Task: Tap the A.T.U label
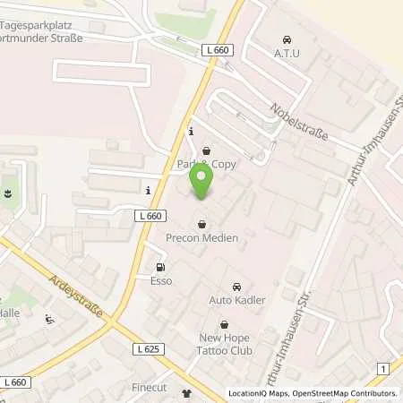tap(286, 54)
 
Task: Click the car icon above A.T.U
tap(286, 40)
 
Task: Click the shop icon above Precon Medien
tap(202, 224)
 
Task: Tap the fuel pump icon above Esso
tap(161, 267)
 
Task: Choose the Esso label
tap(161, 281)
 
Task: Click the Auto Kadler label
tap(236, 300)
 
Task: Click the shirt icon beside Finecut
tap(187, 392)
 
